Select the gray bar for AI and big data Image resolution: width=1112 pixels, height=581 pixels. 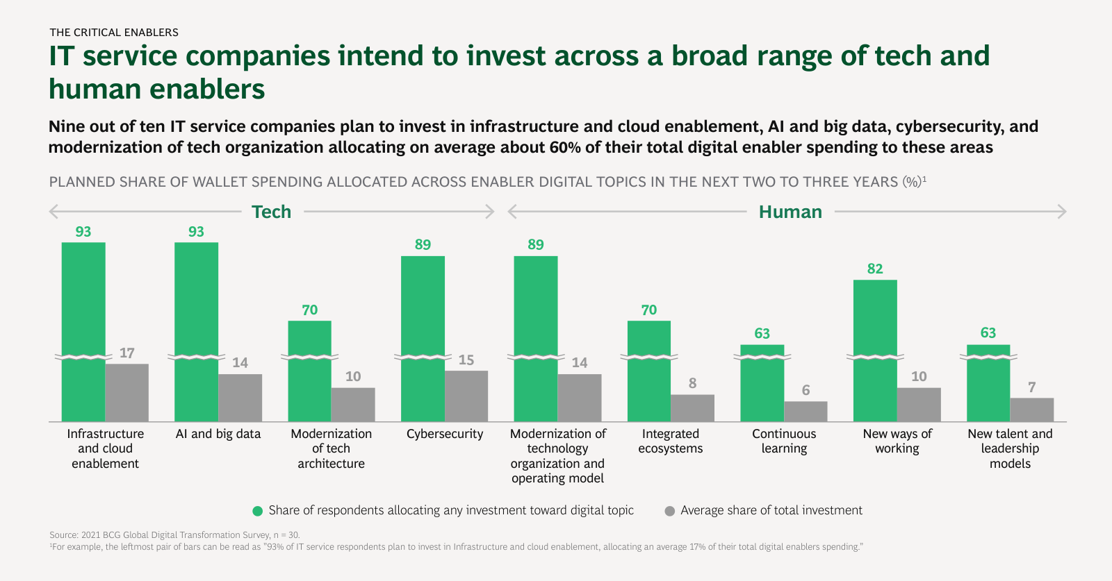(x=240, y=398)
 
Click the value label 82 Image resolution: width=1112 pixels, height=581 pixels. (x=875, y=269)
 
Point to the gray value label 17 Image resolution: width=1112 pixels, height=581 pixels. (x=126, y=353)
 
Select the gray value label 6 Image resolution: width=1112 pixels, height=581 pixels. (x=806, y=390)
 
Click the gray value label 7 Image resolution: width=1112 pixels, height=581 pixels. (x=1032, y=387)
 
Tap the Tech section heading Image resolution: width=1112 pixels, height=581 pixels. (x=271, y=212)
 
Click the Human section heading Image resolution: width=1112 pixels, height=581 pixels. (x=790, y=212)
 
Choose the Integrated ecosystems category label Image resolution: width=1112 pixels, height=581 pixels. (x=670, y=441)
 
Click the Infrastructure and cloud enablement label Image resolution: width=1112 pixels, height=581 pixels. (x=106, y=448)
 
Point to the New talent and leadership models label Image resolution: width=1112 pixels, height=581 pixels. (x=1010, y=448)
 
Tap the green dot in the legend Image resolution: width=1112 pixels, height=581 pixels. (x=257, y=511)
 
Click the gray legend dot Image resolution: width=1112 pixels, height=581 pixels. (x=669, y=511)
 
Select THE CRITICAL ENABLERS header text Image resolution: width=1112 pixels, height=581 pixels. (x=114, y=32)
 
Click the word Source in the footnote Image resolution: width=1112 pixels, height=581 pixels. (x=63, y=535)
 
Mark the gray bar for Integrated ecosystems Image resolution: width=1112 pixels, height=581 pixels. (x=692, y=408)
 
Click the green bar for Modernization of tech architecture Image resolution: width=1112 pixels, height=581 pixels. (x=309, y=371)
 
